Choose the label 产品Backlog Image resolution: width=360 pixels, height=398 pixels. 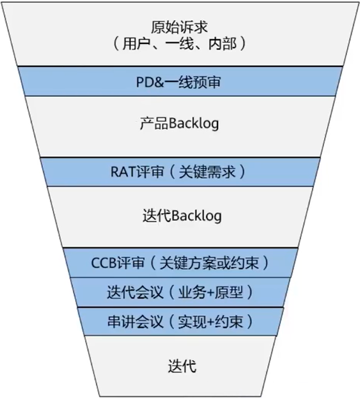tap(180, 124)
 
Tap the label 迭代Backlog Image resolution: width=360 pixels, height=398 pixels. tap(180, 216)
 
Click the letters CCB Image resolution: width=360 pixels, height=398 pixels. tap(105, 264)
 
